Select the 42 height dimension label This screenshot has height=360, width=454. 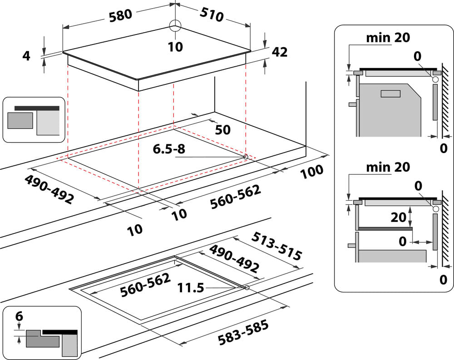click(279, 52)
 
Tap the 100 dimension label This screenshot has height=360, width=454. click(311, 171)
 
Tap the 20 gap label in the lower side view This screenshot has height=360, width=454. click(399, 217)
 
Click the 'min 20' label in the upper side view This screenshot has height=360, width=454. click(388, 38)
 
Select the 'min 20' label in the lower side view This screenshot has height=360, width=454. click(388, 167)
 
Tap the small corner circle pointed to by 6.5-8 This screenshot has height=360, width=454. click(246, 157)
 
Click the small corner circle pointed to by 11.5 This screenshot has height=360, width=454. click(247, 288)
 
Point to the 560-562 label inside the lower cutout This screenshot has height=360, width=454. click(146, 285)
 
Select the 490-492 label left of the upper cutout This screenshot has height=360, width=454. click(49, 190)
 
